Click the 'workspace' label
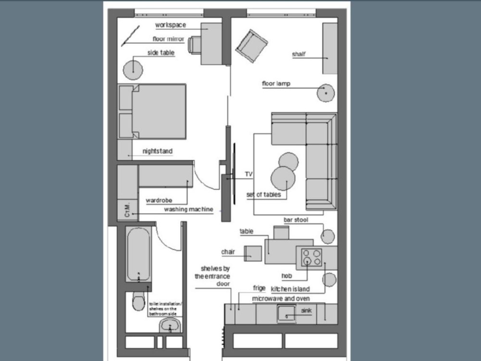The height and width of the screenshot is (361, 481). [x=170, y=25]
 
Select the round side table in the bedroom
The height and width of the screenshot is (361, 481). [x=133, y=70]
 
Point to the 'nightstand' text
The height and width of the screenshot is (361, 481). [x=157, y=151]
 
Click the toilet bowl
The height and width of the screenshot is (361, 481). [x=138, y=302]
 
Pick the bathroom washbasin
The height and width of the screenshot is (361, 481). [x=170, y=326]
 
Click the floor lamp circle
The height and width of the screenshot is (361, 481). [x=326, y=92]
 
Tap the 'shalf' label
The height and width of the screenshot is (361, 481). [x=299, y=54]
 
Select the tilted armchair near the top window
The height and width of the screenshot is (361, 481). [x=252, y=46]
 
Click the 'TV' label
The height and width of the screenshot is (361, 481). [x=249, y=174]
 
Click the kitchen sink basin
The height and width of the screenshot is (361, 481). [x=287, y=314]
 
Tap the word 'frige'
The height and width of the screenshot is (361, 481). [x=259, y=288]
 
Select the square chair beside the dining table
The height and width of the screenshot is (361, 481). [x=253, y=253]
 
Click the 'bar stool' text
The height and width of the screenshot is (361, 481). [x=296, y=220]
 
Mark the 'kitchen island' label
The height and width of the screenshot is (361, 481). [x=290, y=289]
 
